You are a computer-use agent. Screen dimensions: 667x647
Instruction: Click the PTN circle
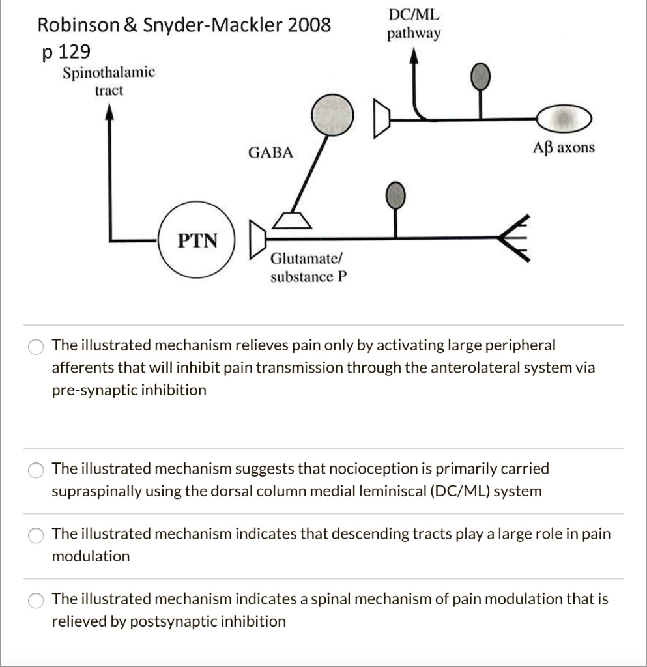pos(198,240)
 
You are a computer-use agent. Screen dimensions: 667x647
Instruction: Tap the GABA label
pos(270,153)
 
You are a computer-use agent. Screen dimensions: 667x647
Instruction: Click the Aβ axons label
pos(564,148)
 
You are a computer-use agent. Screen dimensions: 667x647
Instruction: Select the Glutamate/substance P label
pos(309,268)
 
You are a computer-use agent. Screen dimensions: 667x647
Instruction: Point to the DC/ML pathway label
pos(414,23)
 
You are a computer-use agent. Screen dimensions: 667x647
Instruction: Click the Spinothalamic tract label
pos(109,81)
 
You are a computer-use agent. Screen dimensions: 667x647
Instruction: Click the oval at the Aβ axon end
pos(564,119)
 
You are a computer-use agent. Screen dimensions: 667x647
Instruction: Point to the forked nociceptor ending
pos(517,238)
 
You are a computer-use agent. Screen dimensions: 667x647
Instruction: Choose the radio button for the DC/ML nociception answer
pos(36,470)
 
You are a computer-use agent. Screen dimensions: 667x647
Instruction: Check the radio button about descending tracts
pos(36,535)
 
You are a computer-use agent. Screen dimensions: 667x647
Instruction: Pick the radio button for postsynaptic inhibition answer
pos(36,600)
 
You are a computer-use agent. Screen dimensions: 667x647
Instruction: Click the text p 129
pos(65,51)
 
